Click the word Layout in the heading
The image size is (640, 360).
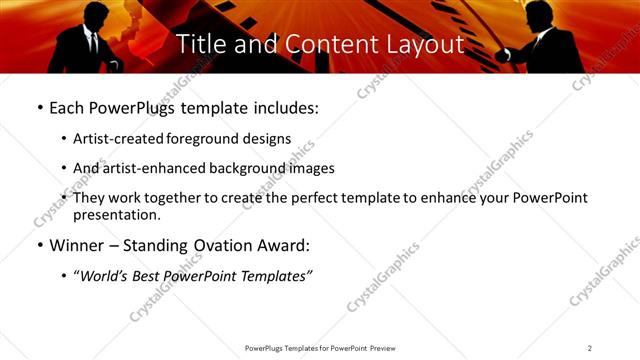tap(423, 44)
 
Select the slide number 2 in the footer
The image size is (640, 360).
tap(590, 348)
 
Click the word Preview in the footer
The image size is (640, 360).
tap(382, 348)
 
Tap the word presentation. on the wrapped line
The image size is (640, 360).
tap(116, 215)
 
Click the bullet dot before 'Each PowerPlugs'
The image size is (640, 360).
tap(39, 107)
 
